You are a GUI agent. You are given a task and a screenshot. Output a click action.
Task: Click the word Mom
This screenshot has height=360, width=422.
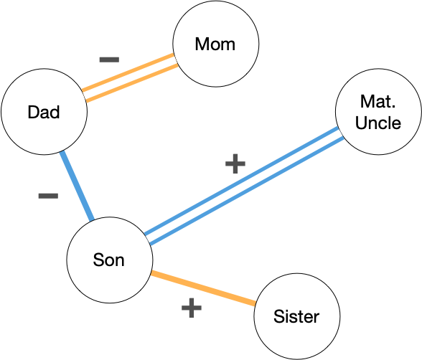point(215,44)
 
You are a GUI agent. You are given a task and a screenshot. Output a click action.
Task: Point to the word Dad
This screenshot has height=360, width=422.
point(44,112)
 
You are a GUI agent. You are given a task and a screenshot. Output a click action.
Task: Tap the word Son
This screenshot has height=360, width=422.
point(109,260)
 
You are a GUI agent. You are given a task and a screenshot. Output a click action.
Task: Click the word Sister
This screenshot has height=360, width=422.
point(296,316)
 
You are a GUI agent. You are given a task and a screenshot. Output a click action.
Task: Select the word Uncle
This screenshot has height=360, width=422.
point(378,123)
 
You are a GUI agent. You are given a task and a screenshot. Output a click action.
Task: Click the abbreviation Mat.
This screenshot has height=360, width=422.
point(378,101)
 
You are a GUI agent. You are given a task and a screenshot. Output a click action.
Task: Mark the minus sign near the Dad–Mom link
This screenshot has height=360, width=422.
point(109,60)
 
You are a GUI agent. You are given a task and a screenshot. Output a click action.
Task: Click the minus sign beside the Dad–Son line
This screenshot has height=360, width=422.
point(49,196)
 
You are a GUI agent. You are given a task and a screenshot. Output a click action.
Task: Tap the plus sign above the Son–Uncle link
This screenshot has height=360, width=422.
point(235,164)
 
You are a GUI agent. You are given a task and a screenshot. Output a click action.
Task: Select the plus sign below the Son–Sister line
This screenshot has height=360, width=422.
point(192,308)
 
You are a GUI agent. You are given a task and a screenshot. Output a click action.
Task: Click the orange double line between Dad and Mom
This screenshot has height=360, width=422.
point(130,77)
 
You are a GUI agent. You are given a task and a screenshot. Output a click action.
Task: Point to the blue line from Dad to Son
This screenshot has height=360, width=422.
point(77,186)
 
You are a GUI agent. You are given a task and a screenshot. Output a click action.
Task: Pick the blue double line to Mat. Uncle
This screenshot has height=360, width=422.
point(244,186)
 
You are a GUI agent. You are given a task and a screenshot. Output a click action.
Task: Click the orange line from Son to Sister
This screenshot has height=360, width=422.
point(203,288)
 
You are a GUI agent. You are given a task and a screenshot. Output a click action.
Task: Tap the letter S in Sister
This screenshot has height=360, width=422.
point(278,316)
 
